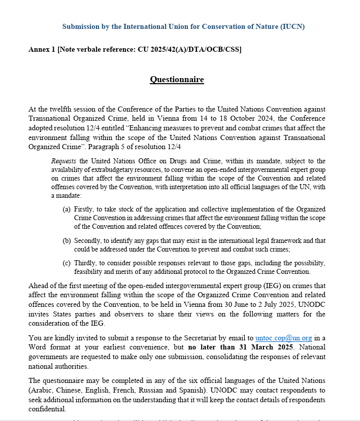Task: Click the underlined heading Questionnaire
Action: click(177, 80)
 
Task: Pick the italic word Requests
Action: click(64, 161)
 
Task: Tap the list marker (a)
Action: click(67, 209)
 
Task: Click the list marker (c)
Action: click(67, 263)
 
